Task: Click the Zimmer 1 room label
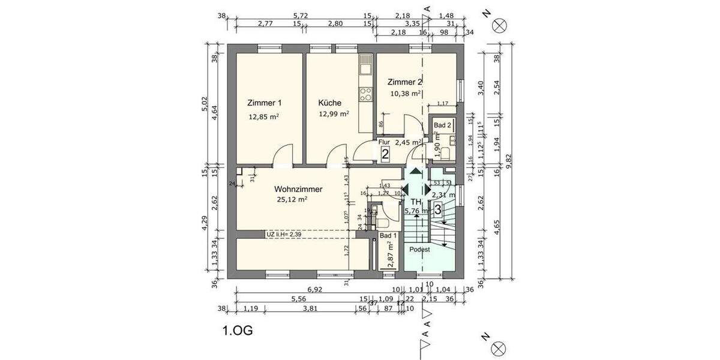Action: [x=264, y=103]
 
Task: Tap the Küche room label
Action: [x=330, y=103]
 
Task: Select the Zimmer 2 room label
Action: [x=405, y=82]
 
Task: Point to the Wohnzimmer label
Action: [x=298, y=189]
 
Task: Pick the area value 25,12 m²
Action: [x=292, y=200]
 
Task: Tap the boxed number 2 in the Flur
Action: [x=385, y=154]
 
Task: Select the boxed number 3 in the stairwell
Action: [x=438, y=210]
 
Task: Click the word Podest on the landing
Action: [x=420, y=249]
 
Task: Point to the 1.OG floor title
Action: [x=238, y=330]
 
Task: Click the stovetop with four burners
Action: [x=365, y=94]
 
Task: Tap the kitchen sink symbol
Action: [x=365, y=62]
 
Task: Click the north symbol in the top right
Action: [x=499, y=25]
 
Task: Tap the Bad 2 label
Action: [x=442, y=125]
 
